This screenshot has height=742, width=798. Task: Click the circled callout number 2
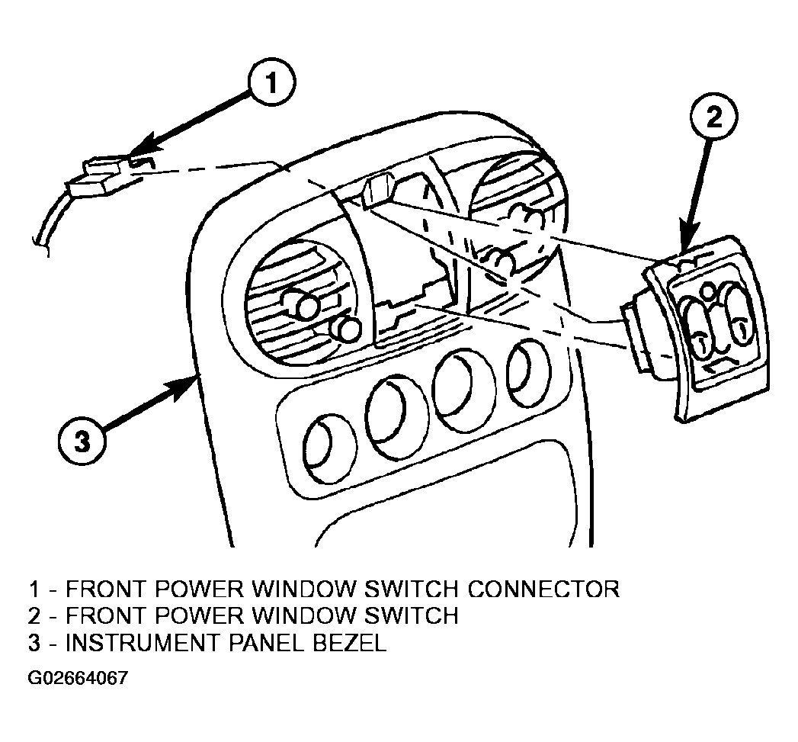[x=714, y=118]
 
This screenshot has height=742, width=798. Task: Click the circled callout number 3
[x=83, y=440]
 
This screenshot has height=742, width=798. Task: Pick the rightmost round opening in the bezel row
[x=528, y=374]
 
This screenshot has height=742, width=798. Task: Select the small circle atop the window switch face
[x=707, y=292]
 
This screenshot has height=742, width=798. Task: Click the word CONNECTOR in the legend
[x=543, y=589]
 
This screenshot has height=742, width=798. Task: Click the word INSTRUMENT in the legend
[x=143, y=643]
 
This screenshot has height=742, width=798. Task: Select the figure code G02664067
[x=78, y=679]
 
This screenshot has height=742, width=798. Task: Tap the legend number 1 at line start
[x=34, y=589]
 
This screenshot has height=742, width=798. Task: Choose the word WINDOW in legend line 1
[x=303, y=589]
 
